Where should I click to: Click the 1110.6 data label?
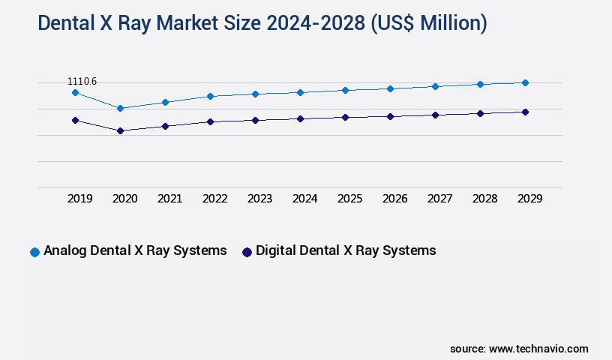click(82, 81)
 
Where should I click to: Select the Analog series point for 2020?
click(120, 108)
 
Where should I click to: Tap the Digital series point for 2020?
click(120, 130)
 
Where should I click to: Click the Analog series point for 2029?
click(525, 82)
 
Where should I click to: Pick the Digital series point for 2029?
click(525, 112)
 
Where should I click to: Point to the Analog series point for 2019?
click(75, 92)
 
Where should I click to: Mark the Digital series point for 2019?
click(75, 120)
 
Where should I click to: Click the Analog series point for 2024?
click(300, 92)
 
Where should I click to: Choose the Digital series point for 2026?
click(390, 116)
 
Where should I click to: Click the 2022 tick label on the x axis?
click(215, 199)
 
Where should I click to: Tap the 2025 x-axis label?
click(350, 199)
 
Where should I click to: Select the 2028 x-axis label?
click(485, 199)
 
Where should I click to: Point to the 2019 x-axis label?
click(80, 199)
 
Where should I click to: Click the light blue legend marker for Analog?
click(34, 252)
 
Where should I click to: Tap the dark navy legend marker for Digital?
click(247, 252)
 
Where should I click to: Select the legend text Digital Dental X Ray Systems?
click(346, 250)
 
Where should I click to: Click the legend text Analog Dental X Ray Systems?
click(135, 250)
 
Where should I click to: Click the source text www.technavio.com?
click(538, 349)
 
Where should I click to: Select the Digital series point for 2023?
click(255, 120)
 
